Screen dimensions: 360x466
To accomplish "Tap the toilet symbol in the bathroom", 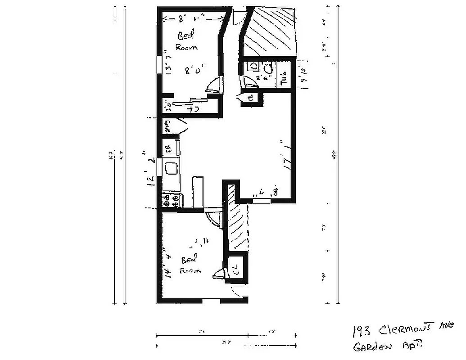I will [x=269, y=68].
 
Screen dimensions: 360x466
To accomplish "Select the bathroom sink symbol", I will [x=253, y=66].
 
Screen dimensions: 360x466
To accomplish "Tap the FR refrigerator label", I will [x=167, y=148].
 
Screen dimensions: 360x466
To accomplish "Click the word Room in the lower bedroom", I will [x=190, y=270].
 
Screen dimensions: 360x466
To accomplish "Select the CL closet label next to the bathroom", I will [x=250, y=97].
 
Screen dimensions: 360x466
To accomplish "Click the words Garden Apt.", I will [x=387, y=347].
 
